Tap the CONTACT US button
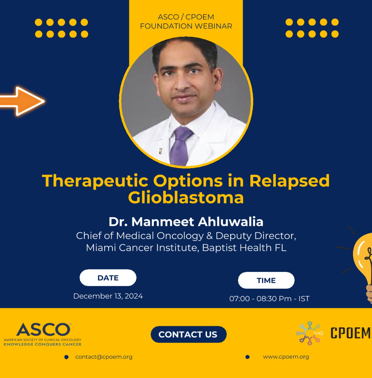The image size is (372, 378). (x=188, y=334)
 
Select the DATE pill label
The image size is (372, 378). (x=108, y=278)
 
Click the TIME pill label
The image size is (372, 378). (x=266, y=280)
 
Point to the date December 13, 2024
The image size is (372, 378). (x=108, y=296)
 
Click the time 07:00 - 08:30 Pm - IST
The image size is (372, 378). (x=269, y=299)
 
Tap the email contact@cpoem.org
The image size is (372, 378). (x=104, y=357)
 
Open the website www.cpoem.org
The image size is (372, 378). (x=286, y=357)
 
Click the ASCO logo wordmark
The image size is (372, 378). (x=44, y=329)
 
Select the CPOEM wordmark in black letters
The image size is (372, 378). (x=350, y=333)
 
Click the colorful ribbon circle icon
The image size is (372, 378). (x=310, y=333)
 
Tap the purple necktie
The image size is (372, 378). (x=180, y=145)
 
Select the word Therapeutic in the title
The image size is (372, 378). (x=95, y=181)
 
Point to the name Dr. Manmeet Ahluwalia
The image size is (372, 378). (x=186, y=222)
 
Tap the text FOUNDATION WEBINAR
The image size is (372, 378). (x=186, y=26)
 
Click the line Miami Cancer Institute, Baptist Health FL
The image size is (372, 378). (x=186, y=248)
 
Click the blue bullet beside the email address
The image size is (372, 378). (x=66, y=357)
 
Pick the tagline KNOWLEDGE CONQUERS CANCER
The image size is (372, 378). (x=43, y=344)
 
